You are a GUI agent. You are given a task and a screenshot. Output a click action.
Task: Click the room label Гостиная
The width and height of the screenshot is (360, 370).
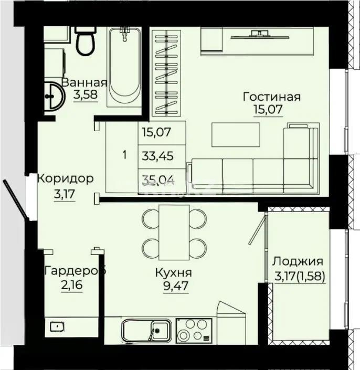[x=271, y=97]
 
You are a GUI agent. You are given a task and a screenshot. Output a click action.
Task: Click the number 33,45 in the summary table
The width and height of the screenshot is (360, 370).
[x=156, y=155]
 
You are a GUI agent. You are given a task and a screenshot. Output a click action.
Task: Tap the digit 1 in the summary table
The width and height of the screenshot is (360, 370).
[x=124, y=155]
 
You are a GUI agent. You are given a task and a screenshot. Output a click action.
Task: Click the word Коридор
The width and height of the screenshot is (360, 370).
[x=65, y=178]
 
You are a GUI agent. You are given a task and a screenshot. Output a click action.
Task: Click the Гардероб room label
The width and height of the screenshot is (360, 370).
[x=75, y=271]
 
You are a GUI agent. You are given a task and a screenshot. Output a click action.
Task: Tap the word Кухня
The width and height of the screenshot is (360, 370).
[x=173, y=273]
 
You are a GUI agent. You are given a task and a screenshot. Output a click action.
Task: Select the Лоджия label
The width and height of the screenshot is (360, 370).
[x=298, y=261]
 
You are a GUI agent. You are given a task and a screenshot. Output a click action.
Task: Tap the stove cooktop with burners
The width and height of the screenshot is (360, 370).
[x=194, y=331]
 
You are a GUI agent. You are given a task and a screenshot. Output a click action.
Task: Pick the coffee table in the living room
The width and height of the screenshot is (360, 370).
[x=236, y=135]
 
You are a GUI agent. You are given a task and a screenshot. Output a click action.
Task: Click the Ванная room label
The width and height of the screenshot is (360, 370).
[x=84, y=83]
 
